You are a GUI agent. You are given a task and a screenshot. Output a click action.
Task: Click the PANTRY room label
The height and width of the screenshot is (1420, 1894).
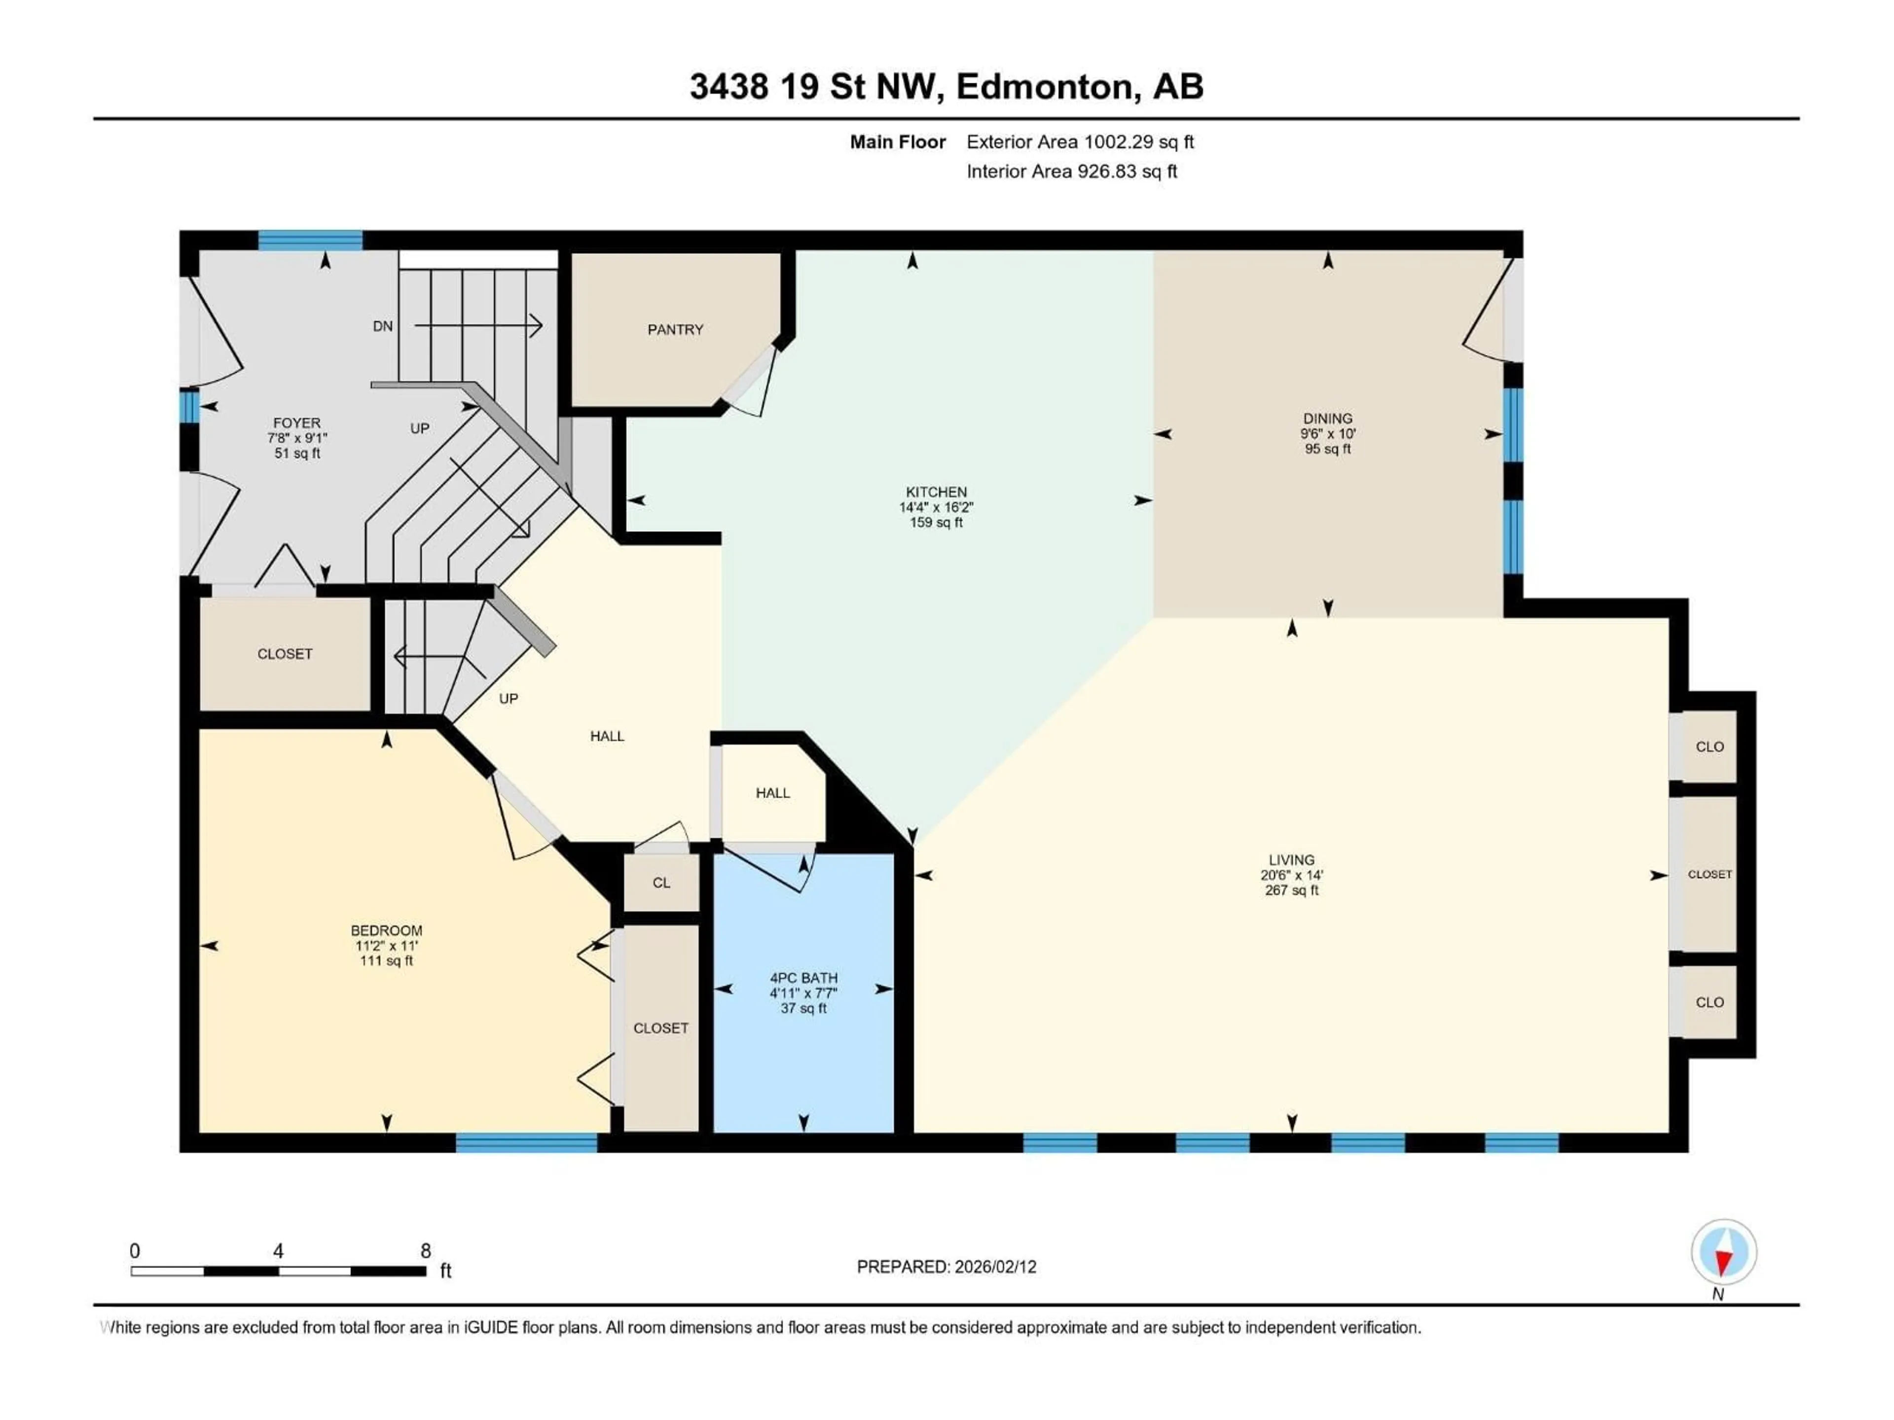(x=675, y=329)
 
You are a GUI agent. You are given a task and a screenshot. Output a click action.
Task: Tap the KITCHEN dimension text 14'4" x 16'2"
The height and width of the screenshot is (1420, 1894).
(x=936, y=507)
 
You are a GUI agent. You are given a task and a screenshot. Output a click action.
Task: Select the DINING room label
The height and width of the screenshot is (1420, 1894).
(x=1327, y=419)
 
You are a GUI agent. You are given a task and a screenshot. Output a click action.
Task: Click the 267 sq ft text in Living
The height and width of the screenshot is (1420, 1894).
(x=1291, y=890)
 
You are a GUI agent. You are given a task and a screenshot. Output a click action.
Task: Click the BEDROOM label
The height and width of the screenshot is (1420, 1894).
(x=386, y=930)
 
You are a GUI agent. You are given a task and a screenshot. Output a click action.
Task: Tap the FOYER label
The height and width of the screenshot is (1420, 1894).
(x=296, y=423)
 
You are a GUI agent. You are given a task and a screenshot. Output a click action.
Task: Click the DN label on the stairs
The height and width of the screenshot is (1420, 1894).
(x=383, y=326)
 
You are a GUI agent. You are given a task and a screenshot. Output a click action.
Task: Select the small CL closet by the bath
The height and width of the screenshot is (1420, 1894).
(x=661, y=883)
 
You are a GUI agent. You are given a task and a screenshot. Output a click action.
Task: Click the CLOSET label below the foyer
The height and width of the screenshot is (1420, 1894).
(x=284, y=654)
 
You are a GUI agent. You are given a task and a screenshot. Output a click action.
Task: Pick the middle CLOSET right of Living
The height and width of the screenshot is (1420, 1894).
(x=1709, y=874)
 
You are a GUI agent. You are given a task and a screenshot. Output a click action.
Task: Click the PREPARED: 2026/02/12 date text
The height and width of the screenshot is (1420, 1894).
(x=946, y=1267)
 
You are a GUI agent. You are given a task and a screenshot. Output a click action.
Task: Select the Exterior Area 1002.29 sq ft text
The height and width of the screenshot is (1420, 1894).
(x=1080, y=142)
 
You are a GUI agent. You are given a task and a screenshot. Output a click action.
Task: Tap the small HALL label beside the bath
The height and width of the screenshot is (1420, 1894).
(x=772, y=793)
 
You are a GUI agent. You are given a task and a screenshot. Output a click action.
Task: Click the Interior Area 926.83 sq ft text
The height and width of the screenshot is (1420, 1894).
(x=1071, y=171)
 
